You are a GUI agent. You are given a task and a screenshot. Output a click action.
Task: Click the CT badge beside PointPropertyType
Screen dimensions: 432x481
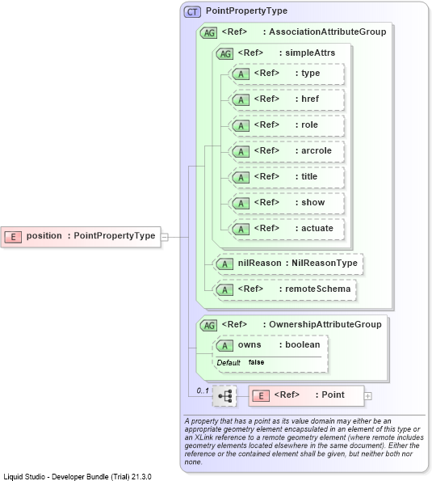192,12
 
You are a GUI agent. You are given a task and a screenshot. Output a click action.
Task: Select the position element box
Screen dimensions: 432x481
81,237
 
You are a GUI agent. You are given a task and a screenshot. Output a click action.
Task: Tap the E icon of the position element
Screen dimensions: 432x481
13,237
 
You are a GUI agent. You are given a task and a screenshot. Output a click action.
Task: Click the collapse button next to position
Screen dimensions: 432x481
165,237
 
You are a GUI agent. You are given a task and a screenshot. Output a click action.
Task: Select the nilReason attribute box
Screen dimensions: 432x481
287,264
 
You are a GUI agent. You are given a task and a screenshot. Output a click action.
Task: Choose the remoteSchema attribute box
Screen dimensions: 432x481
284,290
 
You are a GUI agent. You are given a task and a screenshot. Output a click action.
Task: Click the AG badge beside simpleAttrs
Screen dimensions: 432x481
225,54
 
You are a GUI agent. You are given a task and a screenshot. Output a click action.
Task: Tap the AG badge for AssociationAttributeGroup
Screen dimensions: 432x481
208,33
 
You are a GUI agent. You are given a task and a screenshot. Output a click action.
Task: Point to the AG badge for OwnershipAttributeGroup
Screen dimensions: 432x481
208,326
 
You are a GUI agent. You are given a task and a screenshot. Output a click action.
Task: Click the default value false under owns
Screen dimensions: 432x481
256,362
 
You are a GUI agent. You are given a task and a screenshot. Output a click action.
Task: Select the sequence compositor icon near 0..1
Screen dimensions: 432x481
224,396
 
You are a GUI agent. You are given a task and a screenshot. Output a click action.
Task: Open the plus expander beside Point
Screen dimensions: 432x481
367,396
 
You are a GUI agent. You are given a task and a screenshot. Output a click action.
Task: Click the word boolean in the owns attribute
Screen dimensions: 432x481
302,345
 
